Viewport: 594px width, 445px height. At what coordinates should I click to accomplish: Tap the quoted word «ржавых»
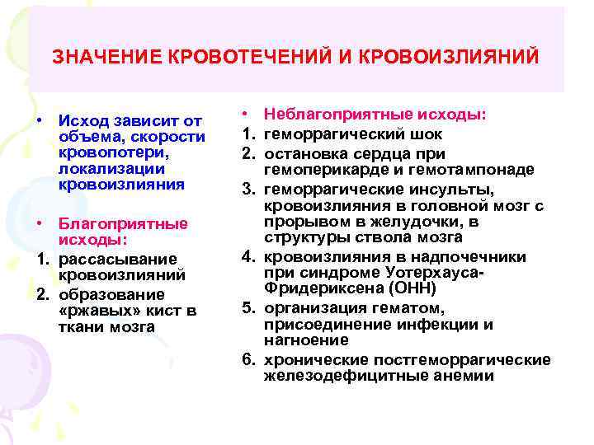pos(93,311)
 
